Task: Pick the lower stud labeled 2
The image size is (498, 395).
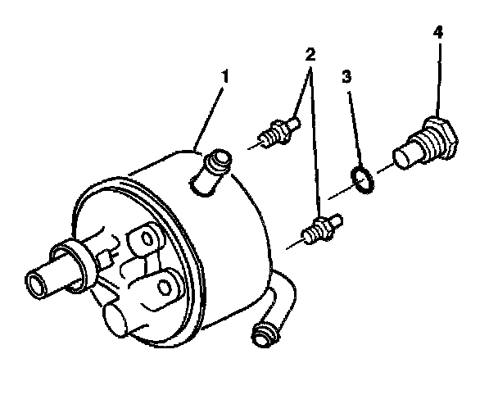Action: [x=321, y=229]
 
